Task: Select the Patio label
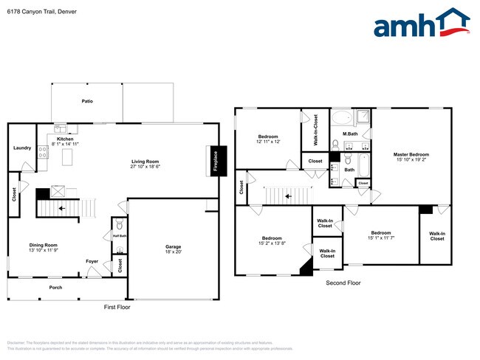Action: [86, 101]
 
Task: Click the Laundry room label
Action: [22, 148]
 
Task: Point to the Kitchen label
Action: [66, 138]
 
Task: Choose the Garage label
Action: [173, 246]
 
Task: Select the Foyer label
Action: [92, 261]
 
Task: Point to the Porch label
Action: [55, 287]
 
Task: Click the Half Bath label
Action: [120, 236]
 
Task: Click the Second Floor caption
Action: [343, 283]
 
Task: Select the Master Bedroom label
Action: [411, 154]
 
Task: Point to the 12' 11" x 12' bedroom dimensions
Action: [268, 142]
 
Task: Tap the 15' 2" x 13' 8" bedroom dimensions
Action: [272, 243]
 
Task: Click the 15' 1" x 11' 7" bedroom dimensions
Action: [381, 237]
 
